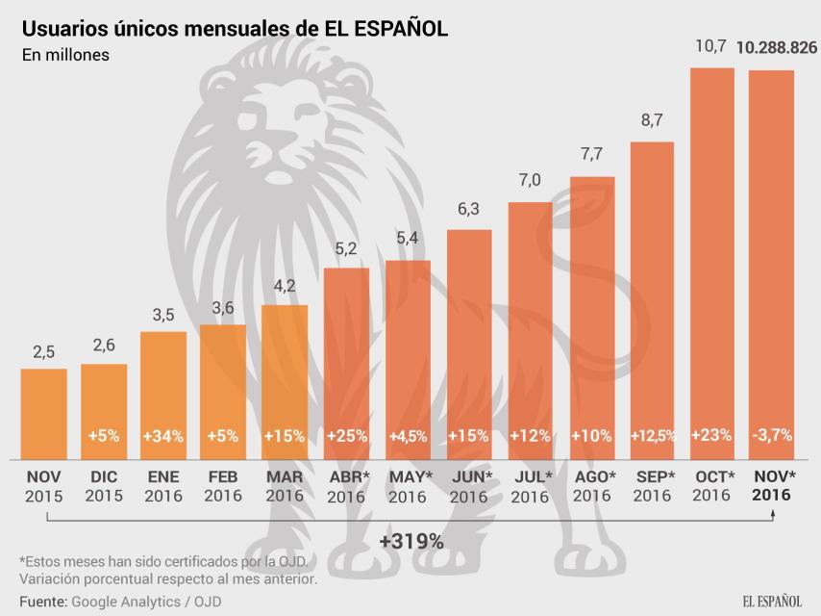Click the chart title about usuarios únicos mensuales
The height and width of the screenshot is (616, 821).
(x=235, y=28)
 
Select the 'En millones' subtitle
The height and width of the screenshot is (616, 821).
(x=65, y=55)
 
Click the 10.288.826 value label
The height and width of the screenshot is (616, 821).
(x=777, y=47)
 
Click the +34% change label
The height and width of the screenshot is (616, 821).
(x=164, y=435)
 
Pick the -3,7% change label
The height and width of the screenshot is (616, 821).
(x=772, y=435)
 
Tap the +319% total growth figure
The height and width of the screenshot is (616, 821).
(x=411, y=542)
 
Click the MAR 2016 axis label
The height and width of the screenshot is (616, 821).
(x=286, y=486)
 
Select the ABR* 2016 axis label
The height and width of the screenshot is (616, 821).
(x=346, y=486)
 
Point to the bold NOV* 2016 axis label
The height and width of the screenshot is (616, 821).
(x=773, y=486)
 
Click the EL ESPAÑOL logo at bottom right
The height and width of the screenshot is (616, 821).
(x=771, y=601)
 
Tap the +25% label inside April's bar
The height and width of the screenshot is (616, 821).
(x=346, y=435)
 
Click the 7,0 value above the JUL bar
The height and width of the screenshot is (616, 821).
(x=530, y=180)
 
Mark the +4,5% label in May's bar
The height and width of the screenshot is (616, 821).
(x=408, y=435)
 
